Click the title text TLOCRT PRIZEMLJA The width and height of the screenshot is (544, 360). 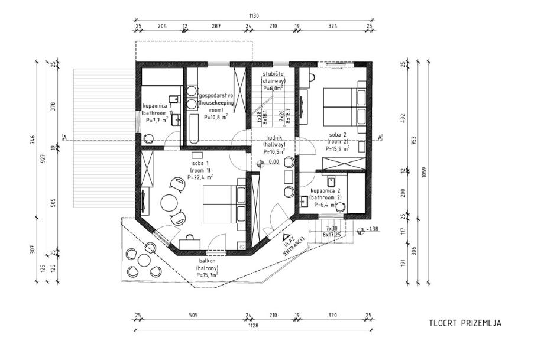coord(465,323)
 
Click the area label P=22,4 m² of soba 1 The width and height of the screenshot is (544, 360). coord(200,176)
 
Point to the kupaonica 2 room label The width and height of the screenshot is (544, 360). coord(325,192)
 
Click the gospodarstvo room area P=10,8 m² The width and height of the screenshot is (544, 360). coord(216,117)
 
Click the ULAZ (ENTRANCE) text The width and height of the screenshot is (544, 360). coord(293,244)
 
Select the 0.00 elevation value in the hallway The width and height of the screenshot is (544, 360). coord(274,161)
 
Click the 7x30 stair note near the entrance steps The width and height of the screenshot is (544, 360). coord(331,228)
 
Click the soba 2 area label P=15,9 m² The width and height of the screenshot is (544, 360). coord(338,149)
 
